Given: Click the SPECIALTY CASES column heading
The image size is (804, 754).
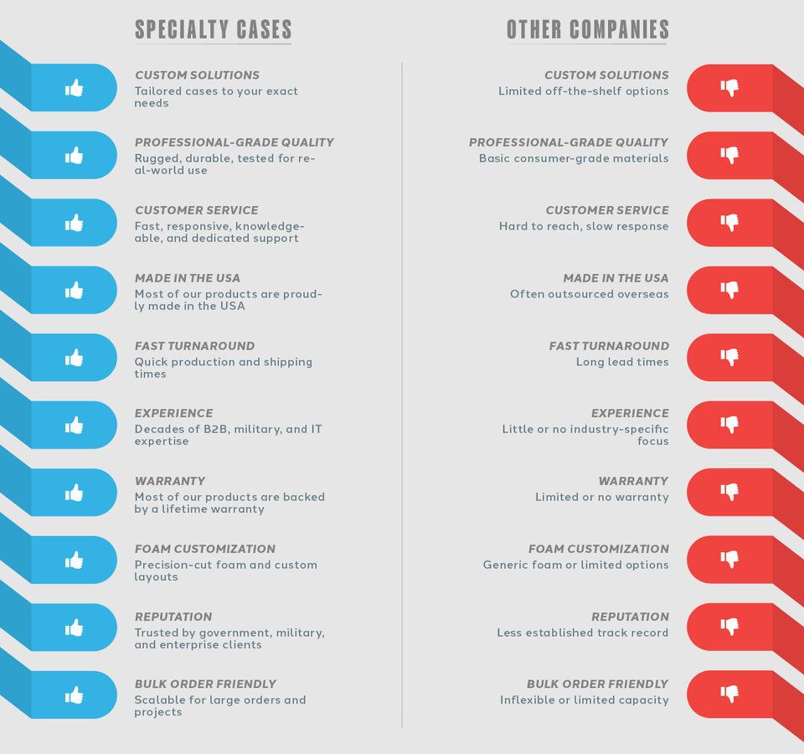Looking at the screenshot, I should pyautogui.click(x=213, y=30).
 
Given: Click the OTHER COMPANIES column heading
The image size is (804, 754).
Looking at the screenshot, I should pyautogui.click(x=587, y=30).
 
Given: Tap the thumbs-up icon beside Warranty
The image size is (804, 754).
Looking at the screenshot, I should pyautogui.click(x=75, y=493).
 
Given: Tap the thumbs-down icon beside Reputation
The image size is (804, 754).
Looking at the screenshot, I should pyautogui.click(x=729, y=627).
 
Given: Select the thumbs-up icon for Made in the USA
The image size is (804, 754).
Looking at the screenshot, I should pyautogui.click(x=75, y=290).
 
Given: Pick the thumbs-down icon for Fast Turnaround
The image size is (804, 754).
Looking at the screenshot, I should pyautogui.click(x=729, y=358).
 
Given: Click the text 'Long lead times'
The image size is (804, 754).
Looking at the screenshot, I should pyautogui.click(x=622, y=362).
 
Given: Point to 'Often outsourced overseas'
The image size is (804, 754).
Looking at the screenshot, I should pyautogui.click(x=589, y=294).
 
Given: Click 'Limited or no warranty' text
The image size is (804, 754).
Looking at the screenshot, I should pyautogui.click(x=601, y=497).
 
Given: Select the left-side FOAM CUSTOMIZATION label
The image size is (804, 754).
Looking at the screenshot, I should pyautogui.click(x=204, y=549).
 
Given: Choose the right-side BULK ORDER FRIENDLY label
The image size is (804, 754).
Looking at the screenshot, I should pyautogui.click(x=597, y=684).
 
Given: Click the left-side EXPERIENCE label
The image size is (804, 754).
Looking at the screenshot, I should pyautogui.click(x=173, y=413).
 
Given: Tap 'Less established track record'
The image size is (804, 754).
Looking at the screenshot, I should pyautogui.click(x=582, y=633).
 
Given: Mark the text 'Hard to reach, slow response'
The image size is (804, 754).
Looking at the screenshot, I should pyautogui.click(x=584, y=226).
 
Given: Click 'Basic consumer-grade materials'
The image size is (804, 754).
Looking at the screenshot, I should pyautogui.click(x=574, y=158).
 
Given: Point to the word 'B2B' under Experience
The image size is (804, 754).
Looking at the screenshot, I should pyautogui.click(x=213, y=429).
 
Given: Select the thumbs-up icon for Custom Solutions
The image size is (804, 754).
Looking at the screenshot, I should pyautogui.click(x=75, y=87).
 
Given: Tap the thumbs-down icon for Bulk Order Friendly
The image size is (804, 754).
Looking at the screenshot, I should pyautogui.click(x=729, y=695).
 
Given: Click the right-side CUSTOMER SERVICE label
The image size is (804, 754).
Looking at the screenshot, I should pyautogui.click(x=607, y=210).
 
